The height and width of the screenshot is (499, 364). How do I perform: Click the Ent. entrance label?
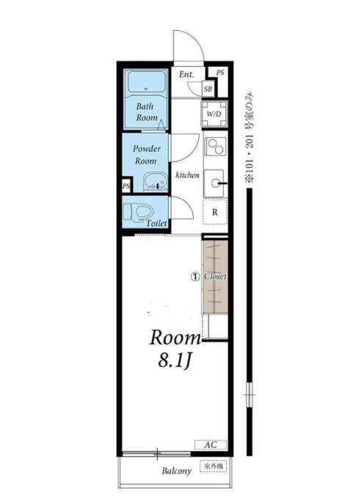[186, 75]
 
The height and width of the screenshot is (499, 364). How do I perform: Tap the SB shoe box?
[208, 89]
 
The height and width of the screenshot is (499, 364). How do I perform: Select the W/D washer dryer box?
[214, 114]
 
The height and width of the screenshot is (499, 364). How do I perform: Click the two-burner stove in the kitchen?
[216, 146]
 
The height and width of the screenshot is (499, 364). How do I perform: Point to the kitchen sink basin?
[214, 183]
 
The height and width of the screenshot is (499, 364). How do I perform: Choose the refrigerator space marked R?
[215, 212]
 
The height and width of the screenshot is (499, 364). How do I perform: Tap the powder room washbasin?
[156, 182]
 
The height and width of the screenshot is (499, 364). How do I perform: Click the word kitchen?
[187, 175]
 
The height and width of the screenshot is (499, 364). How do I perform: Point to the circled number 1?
[194, 277]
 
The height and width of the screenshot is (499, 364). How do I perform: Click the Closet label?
[215, 276]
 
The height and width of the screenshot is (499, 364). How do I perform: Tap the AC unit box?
[211, 445]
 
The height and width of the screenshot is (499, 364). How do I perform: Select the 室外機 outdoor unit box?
[213, 466]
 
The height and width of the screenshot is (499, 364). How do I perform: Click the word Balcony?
[177, 471]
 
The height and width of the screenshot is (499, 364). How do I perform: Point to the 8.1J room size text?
[175, 361]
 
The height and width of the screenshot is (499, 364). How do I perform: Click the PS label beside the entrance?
[220, 73]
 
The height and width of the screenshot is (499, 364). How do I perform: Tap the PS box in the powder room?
[127, 186]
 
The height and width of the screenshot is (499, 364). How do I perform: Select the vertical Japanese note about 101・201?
[250, 137]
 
